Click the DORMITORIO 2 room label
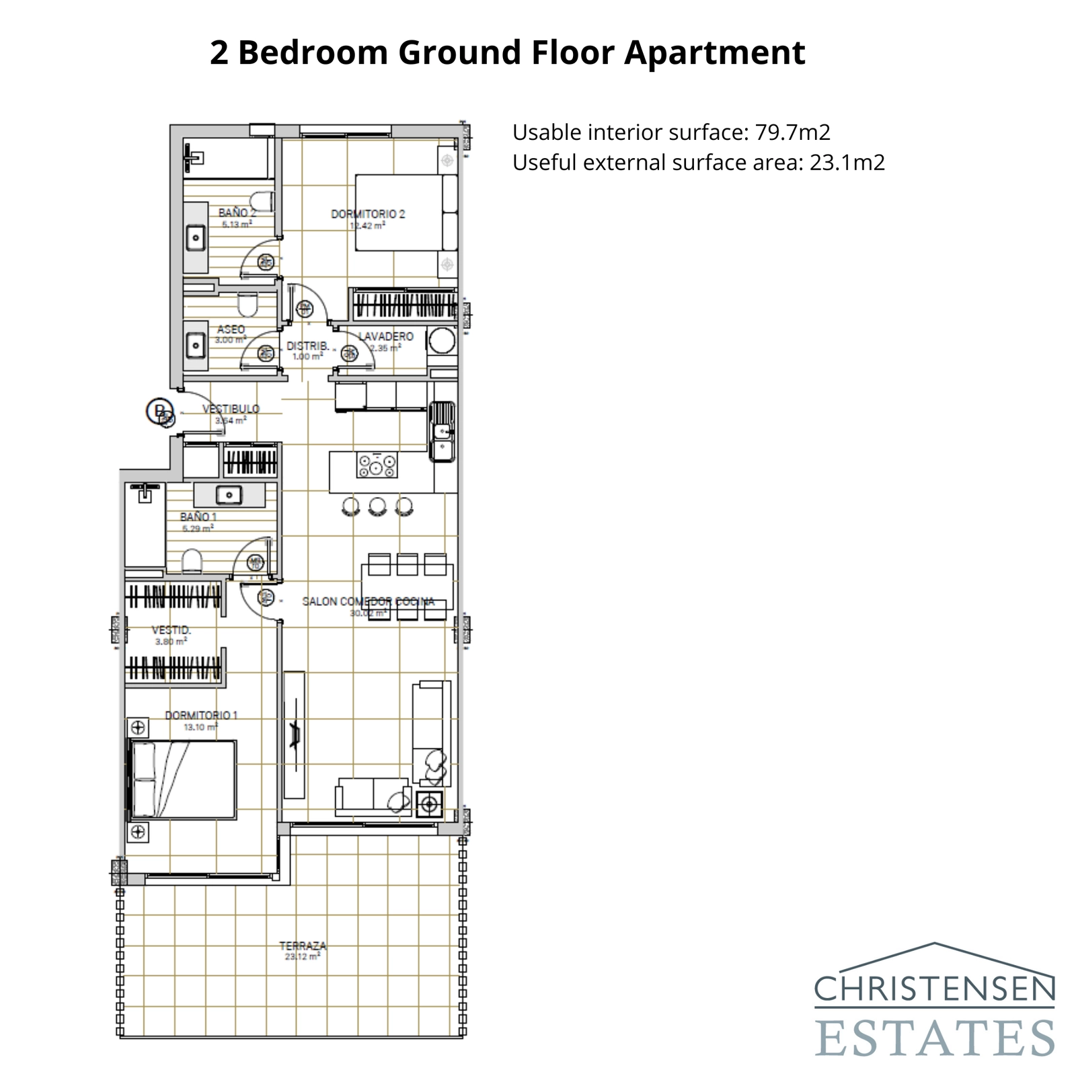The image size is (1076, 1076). (368, 214)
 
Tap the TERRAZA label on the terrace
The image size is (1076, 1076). (303, 946)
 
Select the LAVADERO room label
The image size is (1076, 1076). (385, 336)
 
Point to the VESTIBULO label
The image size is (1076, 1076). (231, 409)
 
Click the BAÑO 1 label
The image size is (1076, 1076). (198, 517)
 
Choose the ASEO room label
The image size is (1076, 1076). (231, 330)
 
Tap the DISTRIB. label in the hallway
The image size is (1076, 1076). (307, 346)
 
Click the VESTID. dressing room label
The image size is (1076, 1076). (171, 630)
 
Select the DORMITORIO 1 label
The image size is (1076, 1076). (201, 715)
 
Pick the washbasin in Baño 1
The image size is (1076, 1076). (229, 496)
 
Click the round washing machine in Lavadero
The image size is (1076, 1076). (442, 340)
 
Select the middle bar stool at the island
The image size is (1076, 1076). (377, 506)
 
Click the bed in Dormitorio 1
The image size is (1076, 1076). (182, 780)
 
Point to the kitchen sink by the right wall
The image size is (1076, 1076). (443, 430)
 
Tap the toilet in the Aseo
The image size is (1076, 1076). (247, 305)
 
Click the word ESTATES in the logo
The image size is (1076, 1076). (935, 1038)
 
